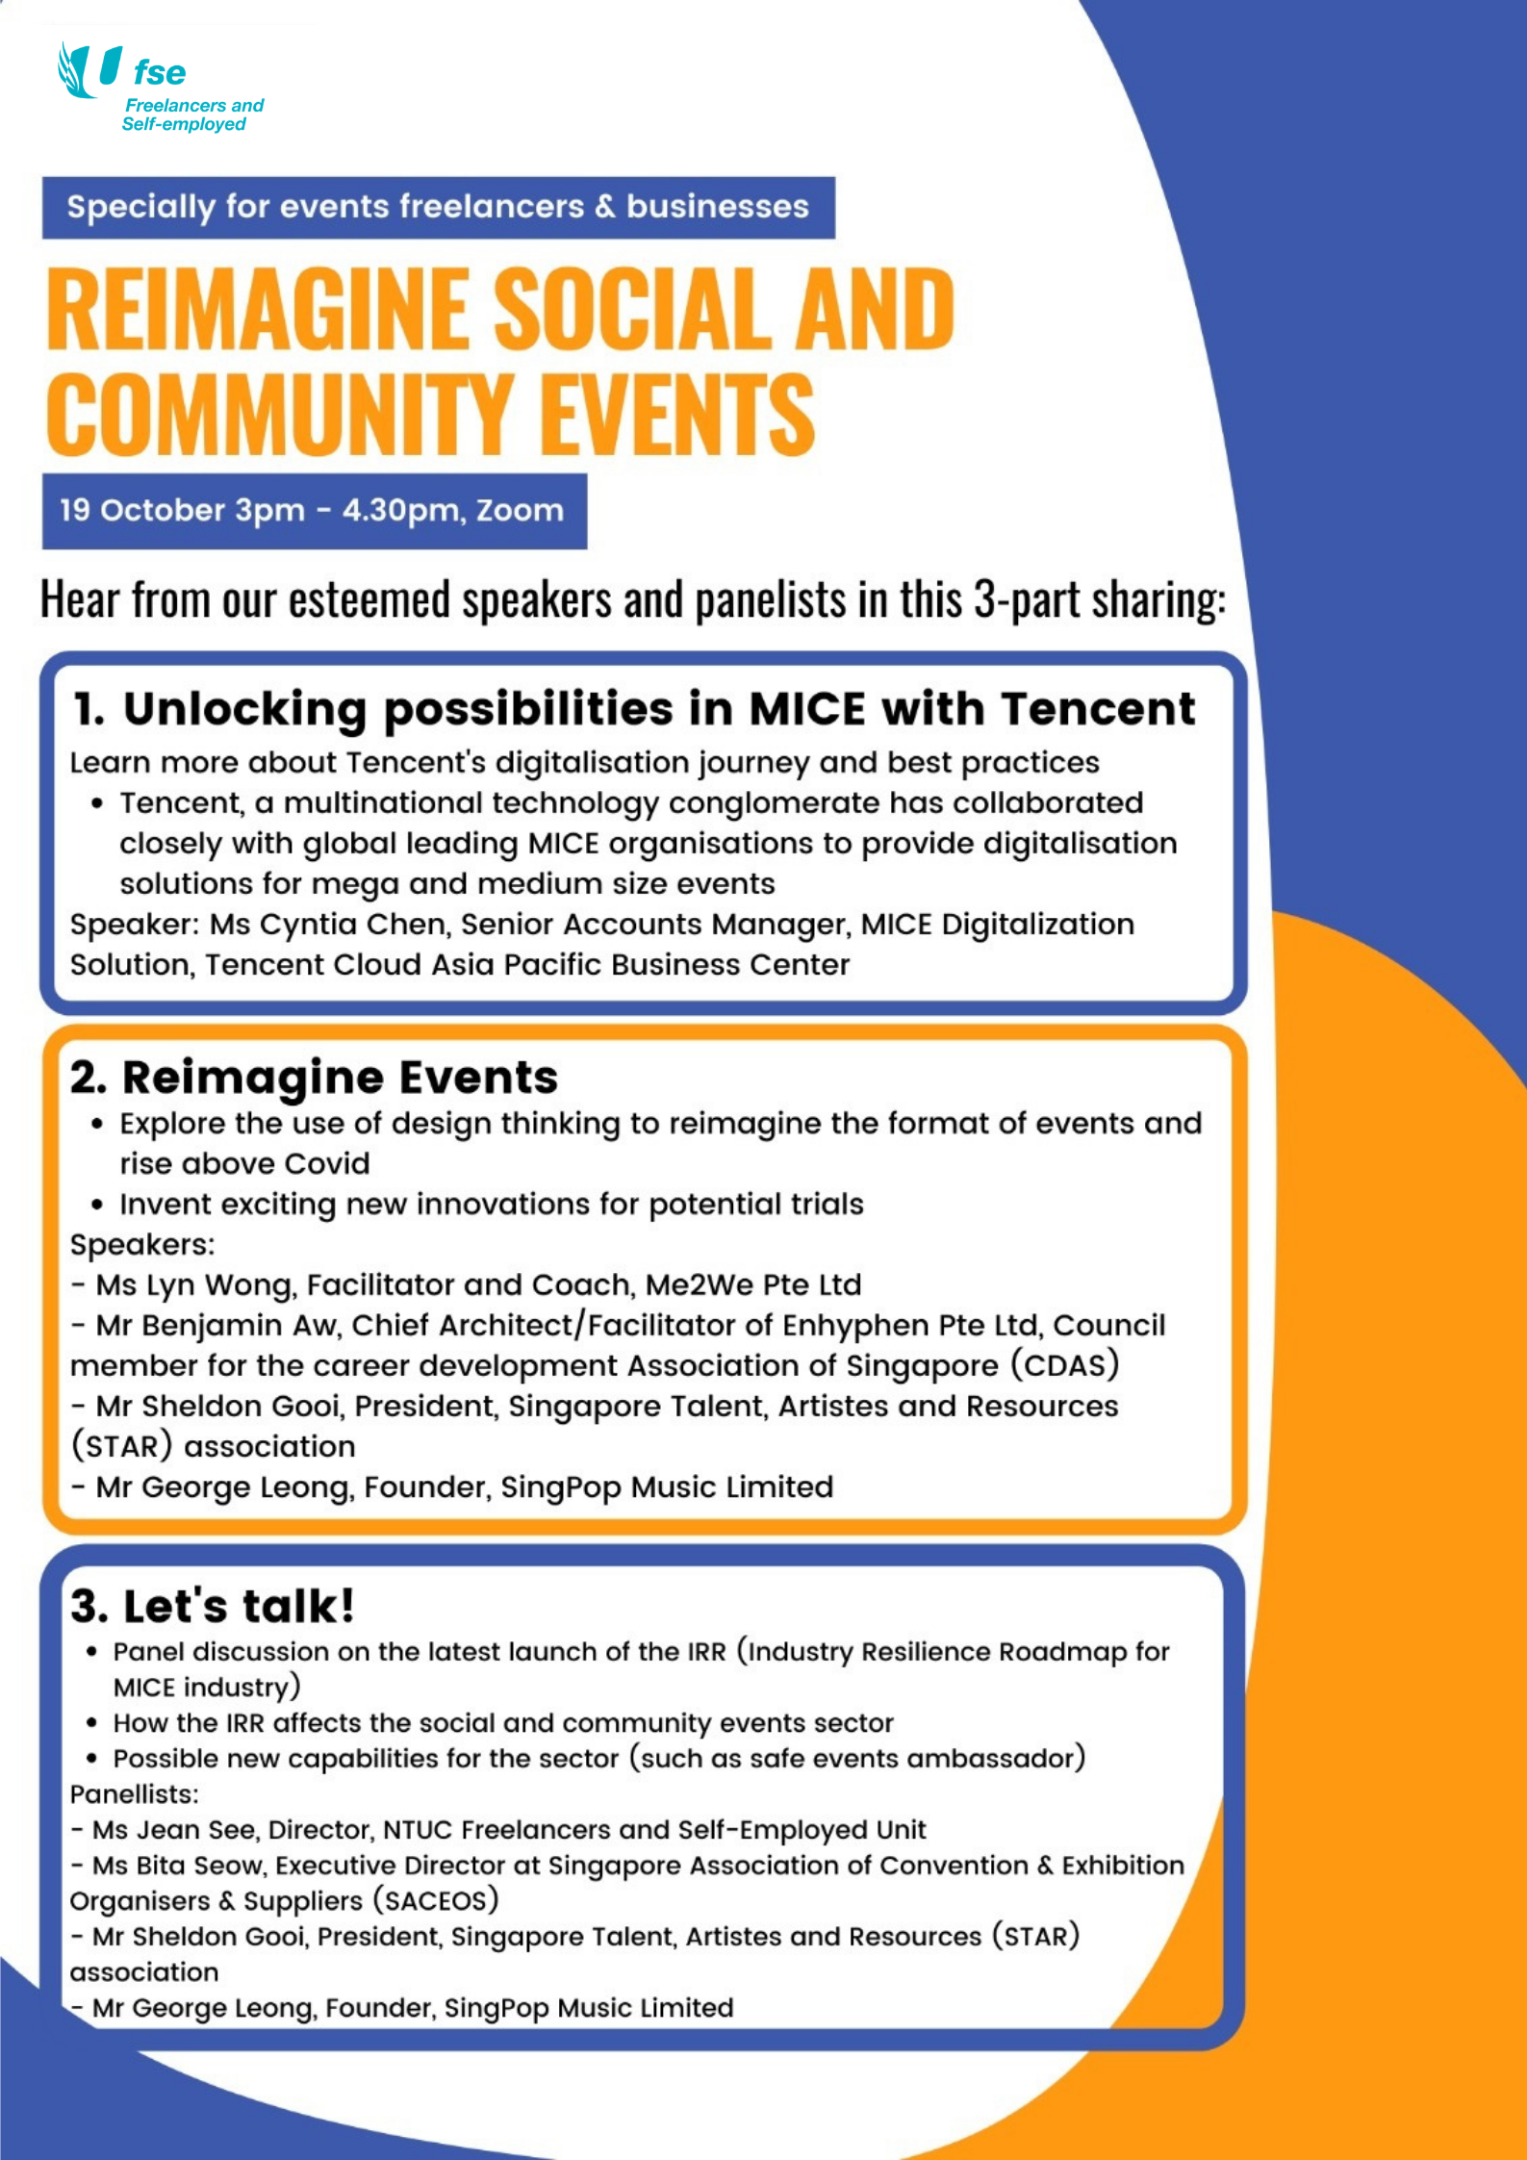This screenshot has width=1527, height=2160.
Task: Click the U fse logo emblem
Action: pos(91,70)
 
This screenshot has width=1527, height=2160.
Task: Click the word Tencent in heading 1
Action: pos(1097,709)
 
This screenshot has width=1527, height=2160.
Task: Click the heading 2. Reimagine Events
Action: pos(314,1078)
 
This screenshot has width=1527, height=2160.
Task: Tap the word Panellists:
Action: pos(134,1794)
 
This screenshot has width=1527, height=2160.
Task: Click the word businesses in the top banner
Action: pos(717,207)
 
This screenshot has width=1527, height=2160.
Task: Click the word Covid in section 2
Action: pos(326,1164)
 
